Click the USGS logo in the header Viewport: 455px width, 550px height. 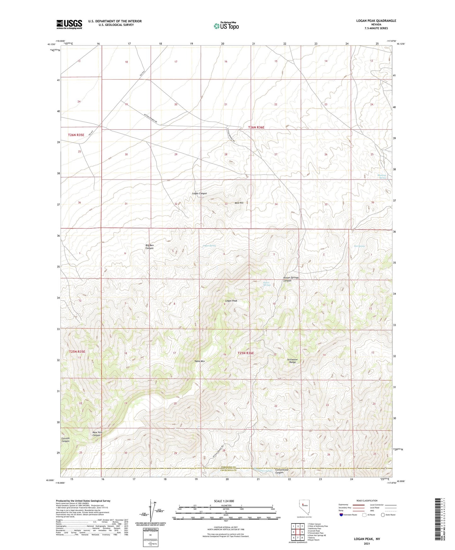pos(69,24)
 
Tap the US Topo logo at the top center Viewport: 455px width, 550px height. pos(226,26)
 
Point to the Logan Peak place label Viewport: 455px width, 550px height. pos(231,301)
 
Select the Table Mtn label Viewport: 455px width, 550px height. pos(200,361)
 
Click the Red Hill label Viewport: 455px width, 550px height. pos(239,203)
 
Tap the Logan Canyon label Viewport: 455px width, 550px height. pos(199,193)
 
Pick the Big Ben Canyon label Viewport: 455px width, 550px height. pos(150,247)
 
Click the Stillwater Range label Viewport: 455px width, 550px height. pos(293,361)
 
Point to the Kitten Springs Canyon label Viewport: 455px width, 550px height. pos(291,279)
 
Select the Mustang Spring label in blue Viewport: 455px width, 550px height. pos(382,177)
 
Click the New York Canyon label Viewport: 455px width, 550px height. pos(97,434)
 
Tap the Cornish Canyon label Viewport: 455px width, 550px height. pos(65,440)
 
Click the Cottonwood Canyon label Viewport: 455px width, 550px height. pos(282,471)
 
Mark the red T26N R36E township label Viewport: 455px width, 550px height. pos(256,128)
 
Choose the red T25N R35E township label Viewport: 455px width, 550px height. pos(77,352)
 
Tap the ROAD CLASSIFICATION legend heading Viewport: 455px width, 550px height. pos(367,501)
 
